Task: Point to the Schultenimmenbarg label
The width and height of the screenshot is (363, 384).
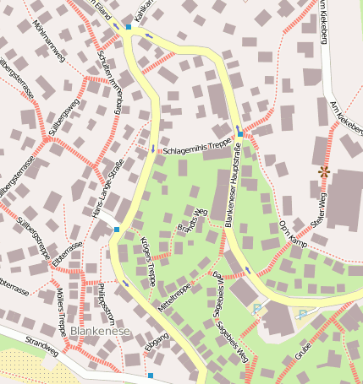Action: [x=109, y=88]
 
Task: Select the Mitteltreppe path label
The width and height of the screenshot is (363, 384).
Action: [x=173, y=290]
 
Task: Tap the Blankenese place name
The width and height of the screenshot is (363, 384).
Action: [x=100, y=332]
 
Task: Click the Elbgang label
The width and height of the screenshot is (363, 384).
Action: [x=156, y=345]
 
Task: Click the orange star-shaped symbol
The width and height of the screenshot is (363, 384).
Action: [x=322, y=171]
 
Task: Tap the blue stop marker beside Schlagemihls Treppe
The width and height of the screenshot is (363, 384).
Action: [x=240, y=133]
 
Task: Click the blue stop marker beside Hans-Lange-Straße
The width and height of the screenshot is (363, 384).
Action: [x=117, y=229]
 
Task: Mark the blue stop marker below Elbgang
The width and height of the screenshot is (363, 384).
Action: [x=151, y=376]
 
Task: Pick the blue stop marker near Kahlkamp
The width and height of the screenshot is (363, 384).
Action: [x=129, y=27]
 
